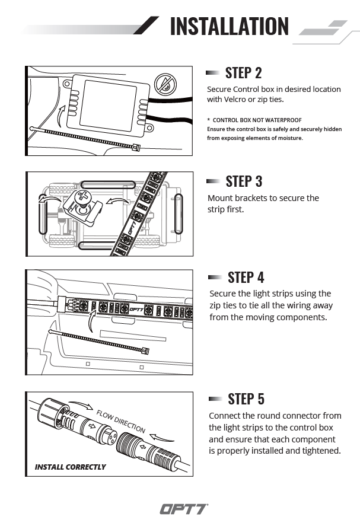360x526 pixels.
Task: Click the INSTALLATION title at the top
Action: (229, 26)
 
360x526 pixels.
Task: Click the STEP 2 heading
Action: (243, 73)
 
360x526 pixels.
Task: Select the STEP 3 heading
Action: (244, 181)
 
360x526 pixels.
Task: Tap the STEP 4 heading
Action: (246, 278)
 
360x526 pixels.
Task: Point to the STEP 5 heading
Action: (246, 399)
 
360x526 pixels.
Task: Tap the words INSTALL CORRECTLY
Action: (70, 467)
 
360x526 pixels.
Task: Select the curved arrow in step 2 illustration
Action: (62, 112)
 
